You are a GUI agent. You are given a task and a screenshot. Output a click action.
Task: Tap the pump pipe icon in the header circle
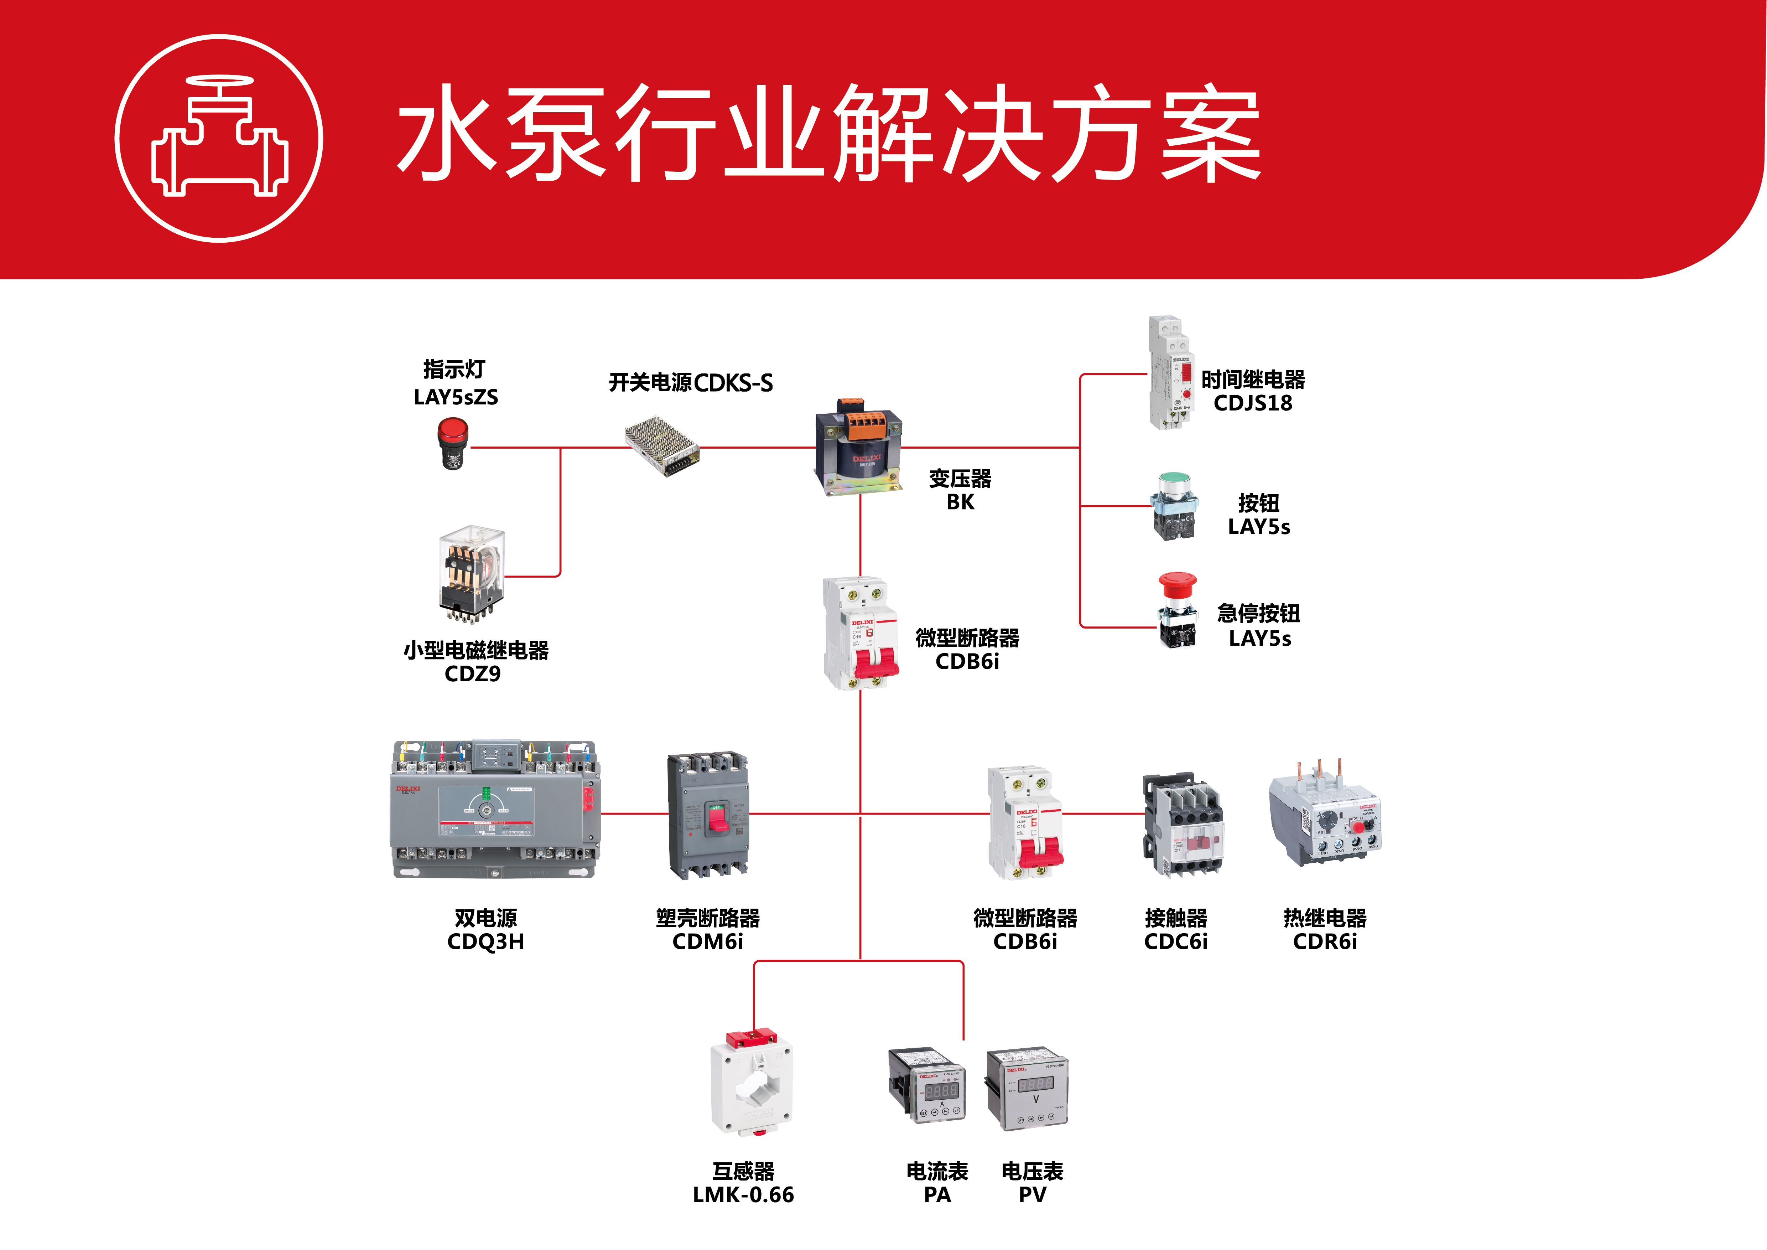[x=219, y=139]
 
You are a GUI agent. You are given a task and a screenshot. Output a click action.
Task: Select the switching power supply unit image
[x=662, y=445]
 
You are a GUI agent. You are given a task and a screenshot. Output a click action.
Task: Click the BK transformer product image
[x=858, y=446]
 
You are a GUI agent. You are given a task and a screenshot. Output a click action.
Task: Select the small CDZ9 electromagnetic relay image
[x=471, y=573]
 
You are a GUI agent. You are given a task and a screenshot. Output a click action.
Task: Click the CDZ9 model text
[x=473, y=674]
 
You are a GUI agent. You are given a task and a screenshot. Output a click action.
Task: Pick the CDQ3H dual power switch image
[x=494, y=810]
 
